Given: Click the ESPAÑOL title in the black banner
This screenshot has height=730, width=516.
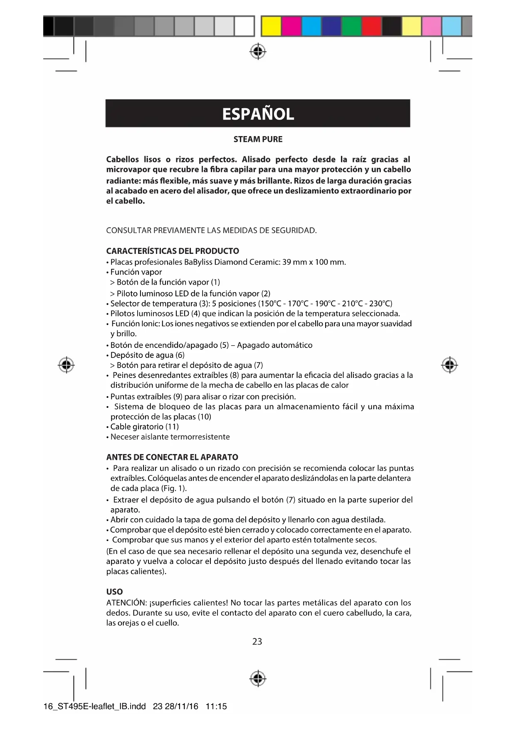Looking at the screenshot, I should tap(258, 114).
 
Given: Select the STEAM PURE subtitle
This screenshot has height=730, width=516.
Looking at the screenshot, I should tap(258, 139).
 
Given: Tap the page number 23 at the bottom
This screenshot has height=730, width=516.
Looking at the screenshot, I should tap(257, 641).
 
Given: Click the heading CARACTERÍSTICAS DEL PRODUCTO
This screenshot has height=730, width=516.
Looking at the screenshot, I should tap(173, 251).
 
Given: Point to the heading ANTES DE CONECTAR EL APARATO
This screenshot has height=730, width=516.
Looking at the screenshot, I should tap(172, 457).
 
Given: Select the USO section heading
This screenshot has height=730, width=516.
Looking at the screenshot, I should tap(114, 592).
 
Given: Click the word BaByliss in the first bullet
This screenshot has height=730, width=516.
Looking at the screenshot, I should tap(198, 262).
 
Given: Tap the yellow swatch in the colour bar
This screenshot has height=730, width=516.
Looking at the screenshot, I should tap(271, 26).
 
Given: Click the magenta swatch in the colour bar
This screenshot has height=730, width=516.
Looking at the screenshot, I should tap(291, 26).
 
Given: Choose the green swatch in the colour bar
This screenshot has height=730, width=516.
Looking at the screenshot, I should tap(351, 26).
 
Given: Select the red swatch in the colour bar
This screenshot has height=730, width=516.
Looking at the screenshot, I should tap(371, 26).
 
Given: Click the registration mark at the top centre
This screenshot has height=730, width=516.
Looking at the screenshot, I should tap(258, 51).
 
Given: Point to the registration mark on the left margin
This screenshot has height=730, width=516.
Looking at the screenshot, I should tap(66, 365).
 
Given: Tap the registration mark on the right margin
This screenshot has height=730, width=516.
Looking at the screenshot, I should tap(449, 365).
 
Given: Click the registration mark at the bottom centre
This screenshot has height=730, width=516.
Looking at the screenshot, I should tap(258, 679).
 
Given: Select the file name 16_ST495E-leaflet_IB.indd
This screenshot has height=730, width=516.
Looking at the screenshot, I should tap(95, 706).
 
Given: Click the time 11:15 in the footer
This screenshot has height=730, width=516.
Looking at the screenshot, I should tap(216, 706).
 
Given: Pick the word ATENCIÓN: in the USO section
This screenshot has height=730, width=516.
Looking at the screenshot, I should tap(125, 603).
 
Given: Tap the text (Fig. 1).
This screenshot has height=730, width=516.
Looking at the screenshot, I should tap(173, 488).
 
